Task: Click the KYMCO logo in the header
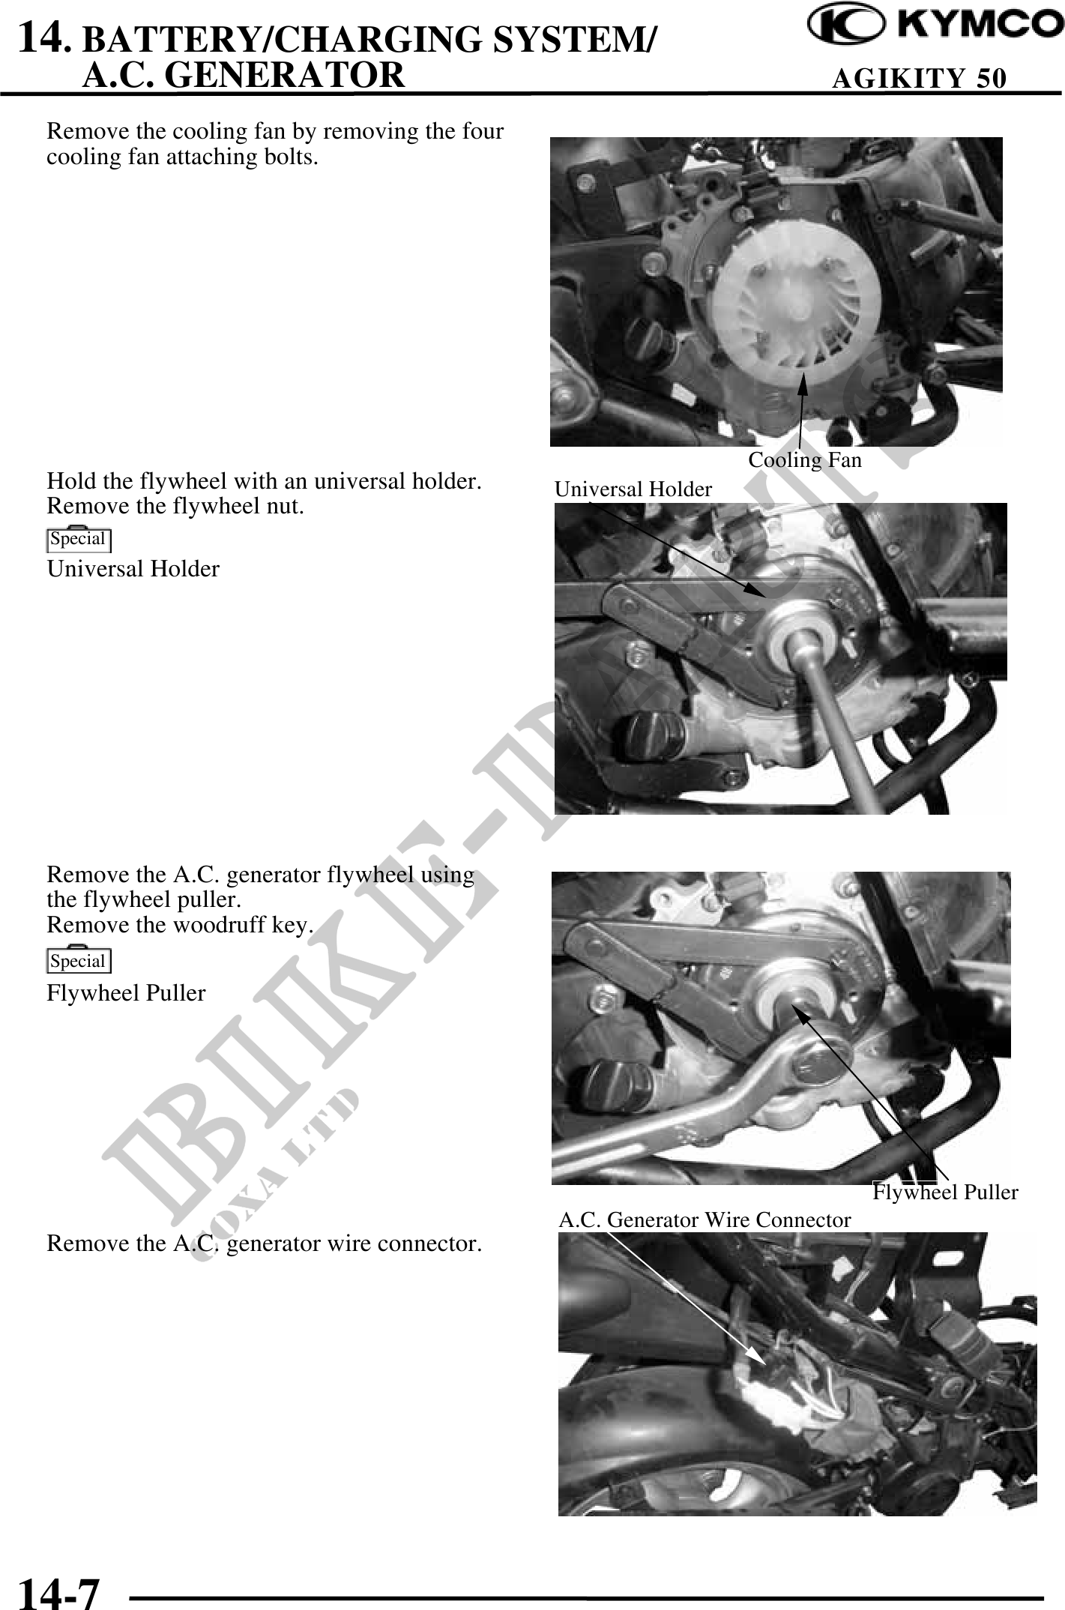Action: click(x=935, y=26)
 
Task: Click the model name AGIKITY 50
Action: click(x=920, y=78)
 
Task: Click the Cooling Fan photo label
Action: click(x=805, y=459)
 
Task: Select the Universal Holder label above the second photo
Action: click(x=633, y=489)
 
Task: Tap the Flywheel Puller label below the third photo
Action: click(x=945, y=1192)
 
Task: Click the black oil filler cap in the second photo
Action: click(x=649, y=737)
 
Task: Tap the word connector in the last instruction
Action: click(x=429, y=1243)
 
